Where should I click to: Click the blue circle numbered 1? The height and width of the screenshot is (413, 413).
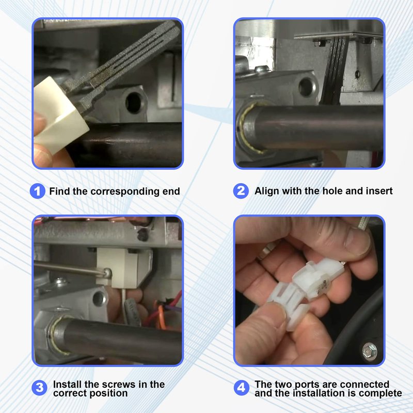[38, 191]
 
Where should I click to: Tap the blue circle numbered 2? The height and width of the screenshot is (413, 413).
[241, 191]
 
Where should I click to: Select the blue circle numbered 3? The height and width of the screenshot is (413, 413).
[40, 388]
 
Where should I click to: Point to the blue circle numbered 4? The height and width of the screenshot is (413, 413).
[242, 388]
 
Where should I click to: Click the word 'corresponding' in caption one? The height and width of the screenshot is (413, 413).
[125, 192]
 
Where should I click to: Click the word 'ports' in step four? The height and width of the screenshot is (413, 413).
[307, 385]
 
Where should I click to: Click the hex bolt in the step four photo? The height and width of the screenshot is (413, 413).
[370, 351]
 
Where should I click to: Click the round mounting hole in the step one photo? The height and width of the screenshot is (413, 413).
[134, 102]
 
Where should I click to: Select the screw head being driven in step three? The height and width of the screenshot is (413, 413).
[107, 273]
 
